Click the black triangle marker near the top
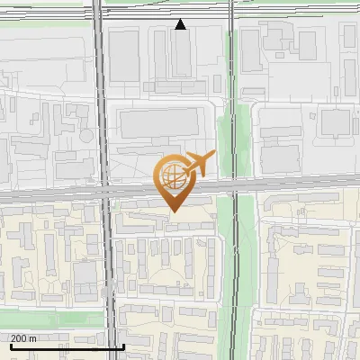coord(181,25)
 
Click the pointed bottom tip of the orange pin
coord(174,211)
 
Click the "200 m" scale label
coord(23,338)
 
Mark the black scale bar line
coord(67,346)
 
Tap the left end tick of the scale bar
coord(10,344)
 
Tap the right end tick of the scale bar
coord(123,344)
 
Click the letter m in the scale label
coord(33,338)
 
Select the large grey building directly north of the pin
coord(158,123)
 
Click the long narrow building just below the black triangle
coord(181,54)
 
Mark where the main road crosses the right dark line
coord(235,184)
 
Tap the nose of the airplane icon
coord(213,155)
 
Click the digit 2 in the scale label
coord(13,338)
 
